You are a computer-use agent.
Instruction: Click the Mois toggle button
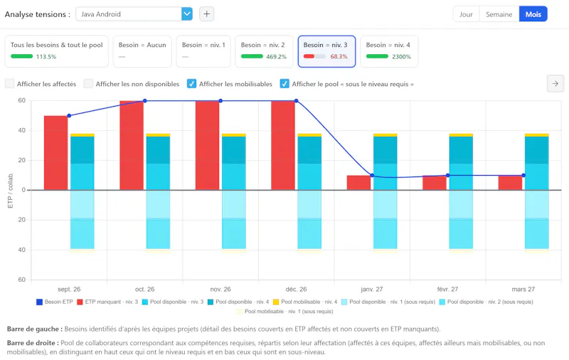pyautogui.click(x=533, y=14)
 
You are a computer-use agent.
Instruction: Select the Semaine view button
pyautogui.click(x=499, y=14)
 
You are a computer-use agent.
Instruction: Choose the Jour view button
pyautogui.click(x=466, y=14)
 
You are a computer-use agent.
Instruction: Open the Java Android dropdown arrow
pyautogui.click(x=187, y=14)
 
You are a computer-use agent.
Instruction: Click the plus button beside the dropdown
pyautogui.click(x=206, y=14)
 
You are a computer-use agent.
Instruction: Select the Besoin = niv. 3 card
pyautogui.click(x=326, y=51)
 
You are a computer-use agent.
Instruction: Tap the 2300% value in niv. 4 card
pyautogui.click(x=401, y=57)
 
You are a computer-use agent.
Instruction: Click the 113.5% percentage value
pyautogui.click(x=46, y=57)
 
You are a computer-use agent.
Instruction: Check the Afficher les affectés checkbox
pyautogui.click(x=9, y=84)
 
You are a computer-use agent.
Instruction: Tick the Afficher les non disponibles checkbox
pyautogui.click(x=88, y=84)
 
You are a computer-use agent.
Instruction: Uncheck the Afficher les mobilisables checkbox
pyautogui.click(x=191, y=84)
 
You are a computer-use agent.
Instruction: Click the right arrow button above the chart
pyautogui.click(x=555, y=83)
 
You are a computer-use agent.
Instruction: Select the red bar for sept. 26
pyautogui.click(x=56, y=153)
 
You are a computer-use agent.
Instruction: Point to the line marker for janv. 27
pyautogui.click(x=372, y=175)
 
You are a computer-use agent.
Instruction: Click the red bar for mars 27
pyautogui.click(x=510, y=183)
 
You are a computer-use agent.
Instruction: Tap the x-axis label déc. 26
pyautogui.click(x=296, y=290)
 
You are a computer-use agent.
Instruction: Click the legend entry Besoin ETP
pyautogui.click(x=55, y=302)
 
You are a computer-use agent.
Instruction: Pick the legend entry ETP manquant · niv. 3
pyautogui.click(x=107, y=302)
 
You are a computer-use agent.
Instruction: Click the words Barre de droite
pyautogui.click(x=31, y=343)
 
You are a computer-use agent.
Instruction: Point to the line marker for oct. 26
pyautogui.click(x=145, y=101)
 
